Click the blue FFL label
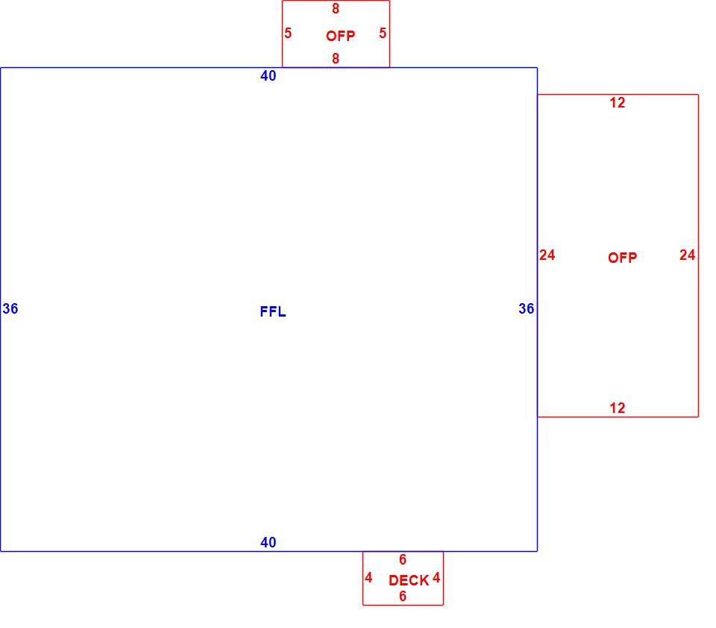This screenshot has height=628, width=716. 273,311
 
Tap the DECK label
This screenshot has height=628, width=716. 409,580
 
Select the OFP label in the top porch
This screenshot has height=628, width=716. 340,36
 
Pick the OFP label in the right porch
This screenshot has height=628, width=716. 622,258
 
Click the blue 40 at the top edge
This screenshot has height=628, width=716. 268,76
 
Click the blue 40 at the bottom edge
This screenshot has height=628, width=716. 268,543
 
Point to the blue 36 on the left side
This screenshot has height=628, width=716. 10,309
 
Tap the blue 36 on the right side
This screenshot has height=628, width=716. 526,309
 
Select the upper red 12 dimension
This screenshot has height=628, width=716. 618,103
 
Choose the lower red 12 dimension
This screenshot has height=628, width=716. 618,408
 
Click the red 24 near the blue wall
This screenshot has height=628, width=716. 547,255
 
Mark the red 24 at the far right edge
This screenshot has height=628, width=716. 687,255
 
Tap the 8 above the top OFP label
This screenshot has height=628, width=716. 336,9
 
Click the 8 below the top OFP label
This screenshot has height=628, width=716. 336,59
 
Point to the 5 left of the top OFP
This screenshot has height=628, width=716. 288,34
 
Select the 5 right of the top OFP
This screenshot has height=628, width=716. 383,34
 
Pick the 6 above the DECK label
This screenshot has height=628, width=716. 403,560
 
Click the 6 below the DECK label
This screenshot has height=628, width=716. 403,597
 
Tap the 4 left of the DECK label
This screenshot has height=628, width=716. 368,578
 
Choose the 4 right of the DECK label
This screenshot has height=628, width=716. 436,578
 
